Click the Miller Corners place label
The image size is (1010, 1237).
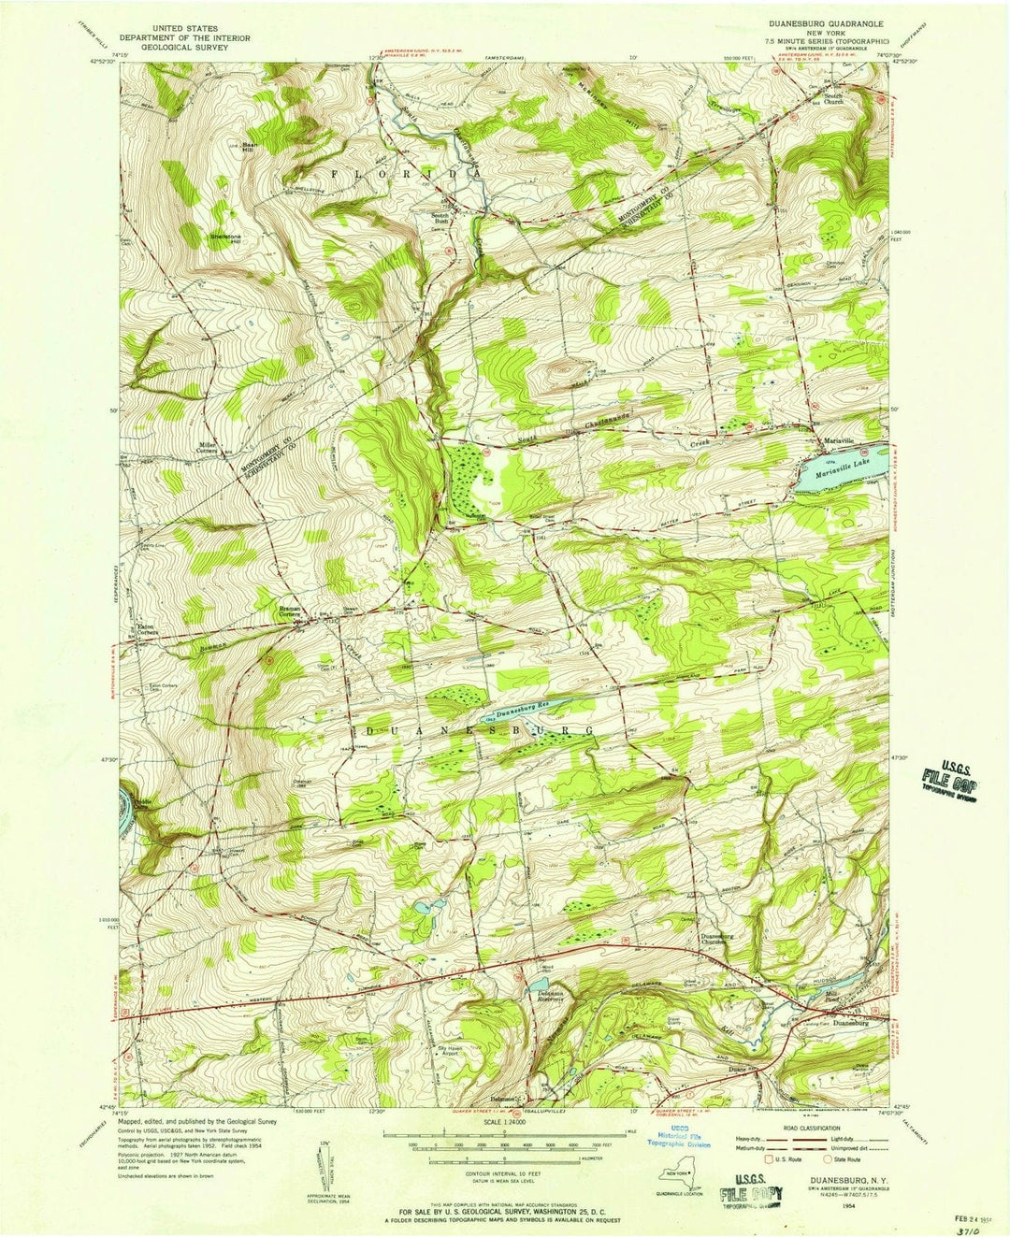click(207, 447)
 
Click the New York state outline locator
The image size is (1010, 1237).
click(680, 1177)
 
